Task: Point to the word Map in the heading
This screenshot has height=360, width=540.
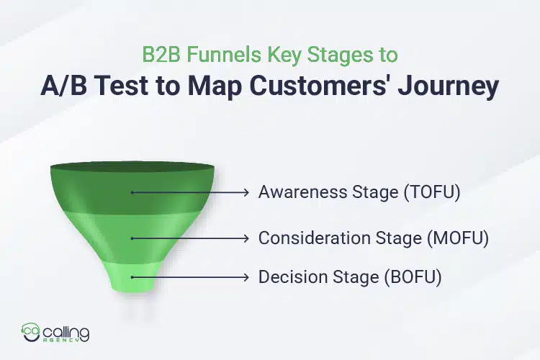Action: [x=220, y=86]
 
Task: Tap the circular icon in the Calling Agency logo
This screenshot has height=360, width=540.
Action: [x=31, y=333]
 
